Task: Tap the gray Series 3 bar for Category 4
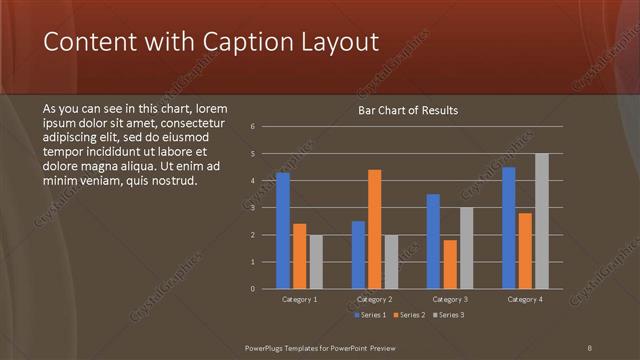[x=541, y=221]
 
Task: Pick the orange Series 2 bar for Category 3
[x=450, y=264]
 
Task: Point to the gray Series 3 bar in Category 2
[x=390, y=262]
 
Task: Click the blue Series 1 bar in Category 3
[x=434, y=241]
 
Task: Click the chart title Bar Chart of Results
[x=408, y=110]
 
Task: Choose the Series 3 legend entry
[x=447, y=315]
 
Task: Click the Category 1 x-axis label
[x=300, y=299]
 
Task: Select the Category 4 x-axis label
[x=525, y=299]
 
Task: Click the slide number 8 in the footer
[x=589, y=347]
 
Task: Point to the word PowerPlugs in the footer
[x=269, y=347]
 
